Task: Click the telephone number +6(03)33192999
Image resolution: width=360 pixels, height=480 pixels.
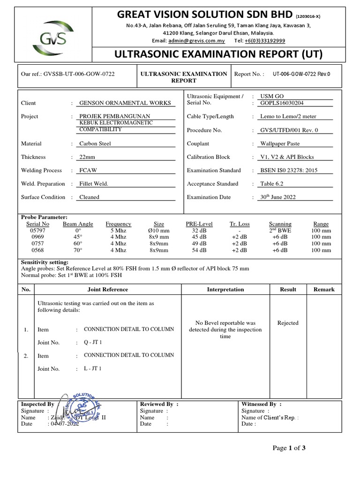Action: [264, 41]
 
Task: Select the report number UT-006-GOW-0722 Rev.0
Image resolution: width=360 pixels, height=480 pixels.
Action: [301, 74]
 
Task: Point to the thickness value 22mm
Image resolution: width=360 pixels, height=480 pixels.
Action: [87, 157]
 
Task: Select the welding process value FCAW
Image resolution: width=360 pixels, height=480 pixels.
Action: [88, 171]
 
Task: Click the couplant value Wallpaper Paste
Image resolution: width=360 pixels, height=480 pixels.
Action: [280, 144]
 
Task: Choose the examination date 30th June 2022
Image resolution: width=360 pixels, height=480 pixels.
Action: [278, 197]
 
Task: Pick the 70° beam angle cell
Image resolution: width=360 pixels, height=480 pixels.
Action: [78, 250]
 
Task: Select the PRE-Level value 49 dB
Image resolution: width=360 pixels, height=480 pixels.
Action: [199, 244]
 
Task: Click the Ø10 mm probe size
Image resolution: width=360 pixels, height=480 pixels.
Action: [158, 231]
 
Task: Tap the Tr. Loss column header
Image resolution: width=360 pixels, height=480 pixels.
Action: [240, 224]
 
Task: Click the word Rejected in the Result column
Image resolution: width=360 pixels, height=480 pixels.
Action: [288, 323]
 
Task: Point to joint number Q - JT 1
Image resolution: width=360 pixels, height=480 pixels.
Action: [93, 342]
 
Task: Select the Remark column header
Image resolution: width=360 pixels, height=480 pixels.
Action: [324, 290]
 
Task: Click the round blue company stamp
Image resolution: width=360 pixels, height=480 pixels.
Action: [82, 406]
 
